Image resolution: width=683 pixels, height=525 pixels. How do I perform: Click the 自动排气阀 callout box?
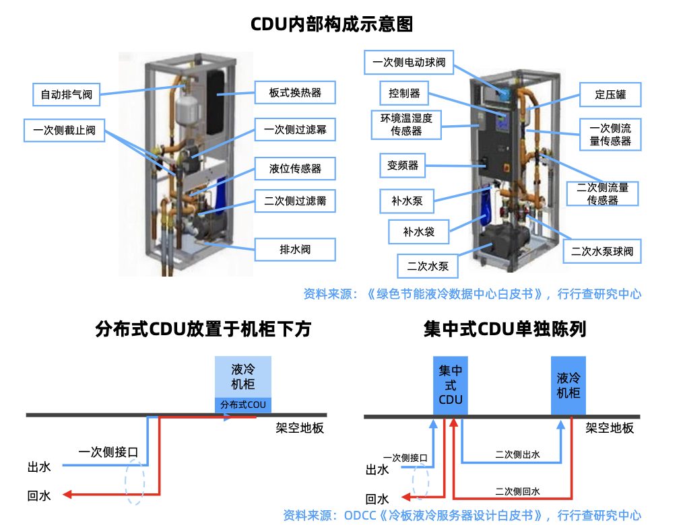[x=66, y=94]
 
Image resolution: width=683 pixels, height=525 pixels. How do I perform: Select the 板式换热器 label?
[x=295, y=93]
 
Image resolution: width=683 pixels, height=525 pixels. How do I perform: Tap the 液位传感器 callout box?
[x=295, y=168]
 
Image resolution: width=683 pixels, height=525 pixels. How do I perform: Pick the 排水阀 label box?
[x=295, y=249]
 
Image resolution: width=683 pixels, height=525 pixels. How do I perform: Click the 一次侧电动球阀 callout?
[x=409, y=63]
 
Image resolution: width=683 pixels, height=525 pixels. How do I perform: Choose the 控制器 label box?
[x=404, y=92]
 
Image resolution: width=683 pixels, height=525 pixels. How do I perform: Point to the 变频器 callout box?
[x=403, y=165]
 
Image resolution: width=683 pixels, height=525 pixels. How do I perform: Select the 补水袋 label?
[x=418, y=232]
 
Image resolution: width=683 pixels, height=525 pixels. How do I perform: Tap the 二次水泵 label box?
[x=428, y=266]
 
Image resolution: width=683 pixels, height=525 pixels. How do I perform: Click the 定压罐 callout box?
[x=610, y=95]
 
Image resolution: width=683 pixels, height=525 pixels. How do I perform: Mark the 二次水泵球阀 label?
[x=602, y=252]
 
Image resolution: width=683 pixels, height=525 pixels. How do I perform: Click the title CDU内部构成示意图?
[x=331, y=25]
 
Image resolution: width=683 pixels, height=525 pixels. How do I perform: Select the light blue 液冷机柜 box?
[x=243, y=377]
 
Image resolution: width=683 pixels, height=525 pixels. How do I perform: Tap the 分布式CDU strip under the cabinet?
[x=243, y=405]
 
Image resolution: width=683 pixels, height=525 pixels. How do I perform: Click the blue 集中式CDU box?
[x=451, y=385]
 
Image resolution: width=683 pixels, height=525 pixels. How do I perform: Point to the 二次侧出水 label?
[x=517, y=455]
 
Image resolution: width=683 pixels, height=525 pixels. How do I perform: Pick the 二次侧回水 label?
[x=517, y=491]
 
